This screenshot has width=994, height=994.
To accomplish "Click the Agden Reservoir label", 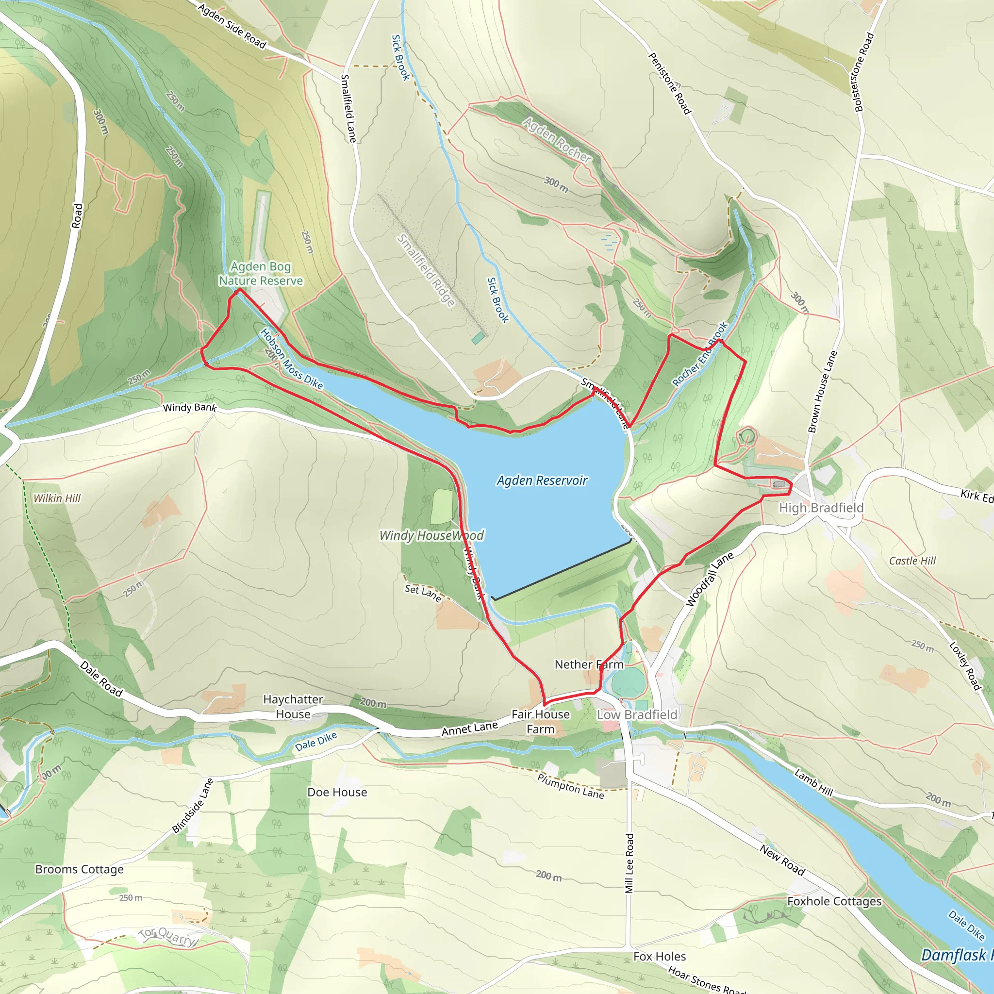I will pos(542,480).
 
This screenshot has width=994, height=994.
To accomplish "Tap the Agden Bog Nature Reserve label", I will pos(261,274).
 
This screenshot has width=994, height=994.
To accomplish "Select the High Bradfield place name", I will pos(821,508).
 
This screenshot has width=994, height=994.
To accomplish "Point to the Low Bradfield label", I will pos(637,714).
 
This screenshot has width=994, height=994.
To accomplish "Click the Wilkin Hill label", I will pos(57,498).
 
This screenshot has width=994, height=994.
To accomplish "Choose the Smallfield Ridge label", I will pos(426,270).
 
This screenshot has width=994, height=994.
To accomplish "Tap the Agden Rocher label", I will pos(557,139).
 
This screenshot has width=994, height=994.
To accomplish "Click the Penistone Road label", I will pos(669,83).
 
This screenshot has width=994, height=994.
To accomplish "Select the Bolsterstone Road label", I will pos(864,72).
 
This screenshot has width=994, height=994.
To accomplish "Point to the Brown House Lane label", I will pos(823,392).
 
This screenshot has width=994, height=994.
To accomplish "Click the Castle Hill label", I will pos(912,561).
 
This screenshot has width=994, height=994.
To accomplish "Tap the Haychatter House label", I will pos(293,706).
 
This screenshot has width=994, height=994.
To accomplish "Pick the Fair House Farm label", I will pos(541,721).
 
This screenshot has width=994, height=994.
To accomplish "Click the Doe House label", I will pos(337,792).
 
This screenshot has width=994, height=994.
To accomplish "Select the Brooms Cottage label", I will pos(79,869).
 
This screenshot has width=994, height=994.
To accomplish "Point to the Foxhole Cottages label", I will pos(834,901).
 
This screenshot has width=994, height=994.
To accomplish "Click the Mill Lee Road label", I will pos(629,863).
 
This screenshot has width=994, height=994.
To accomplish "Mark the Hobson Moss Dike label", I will pos(291,359).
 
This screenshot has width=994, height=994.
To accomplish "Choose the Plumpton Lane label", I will pos(571,786).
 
